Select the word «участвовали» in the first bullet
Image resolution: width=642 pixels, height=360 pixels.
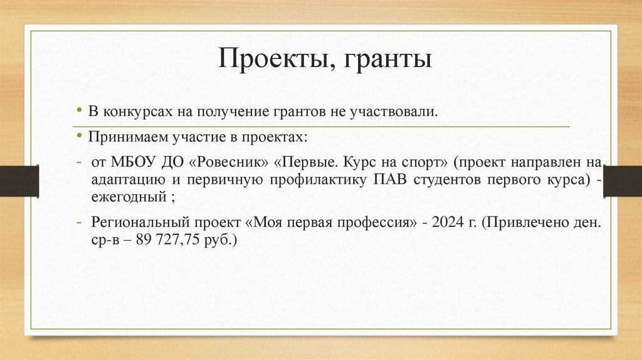(396, 112)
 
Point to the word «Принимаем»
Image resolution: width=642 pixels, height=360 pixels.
(120, 137)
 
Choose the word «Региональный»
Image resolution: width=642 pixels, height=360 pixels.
(132, 223)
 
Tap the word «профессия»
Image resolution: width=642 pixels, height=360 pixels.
(381, 223)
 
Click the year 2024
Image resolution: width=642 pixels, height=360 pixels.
(445, 223)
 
